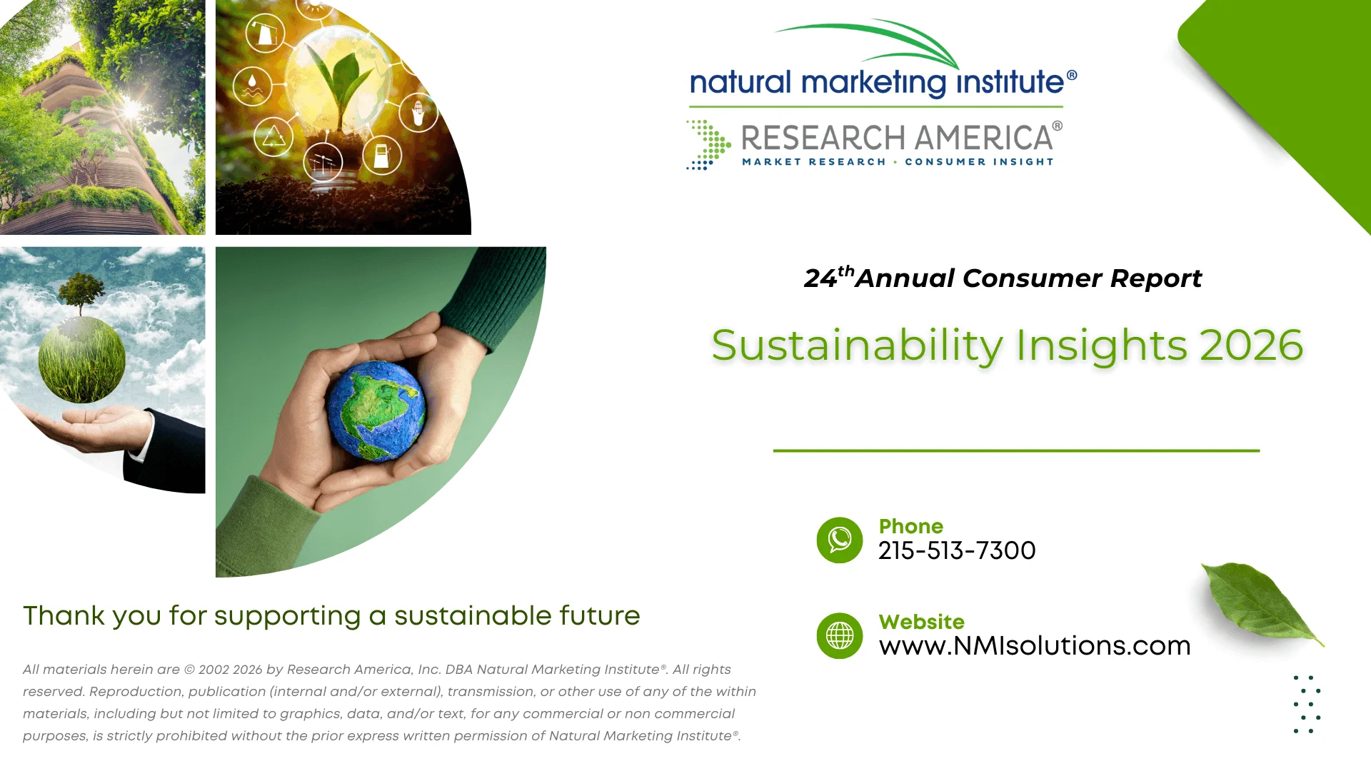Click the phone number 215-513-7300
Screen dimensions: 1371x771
(957, 550)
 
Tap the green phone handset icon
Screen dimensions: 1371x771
(840, 540)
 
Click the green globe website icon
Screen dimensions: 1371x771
(840, 635)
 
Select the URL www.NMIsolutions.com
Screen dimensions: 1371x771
(1035, 645)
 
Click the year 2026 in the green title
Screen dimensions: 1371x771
(1252, 346)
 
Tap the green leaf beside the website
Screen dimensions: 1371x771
(1261, 601)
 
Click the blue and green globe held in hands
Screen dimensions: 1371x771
(376, 410)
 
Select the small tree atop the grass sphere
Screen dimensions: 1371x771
(81, 293)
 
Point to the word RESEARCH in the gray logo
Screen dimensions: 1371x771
(824, 138)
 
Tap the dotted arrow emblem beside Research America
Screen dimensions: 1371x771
(708, 145)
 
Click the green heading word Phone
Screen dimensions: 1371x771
(910, 526)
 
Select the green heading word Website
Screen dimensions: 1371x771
(921, 622)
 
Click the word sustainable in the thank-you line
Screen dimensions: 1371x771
(473, 615)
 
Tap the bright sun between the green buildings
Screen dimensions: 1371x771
(131, 109)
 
